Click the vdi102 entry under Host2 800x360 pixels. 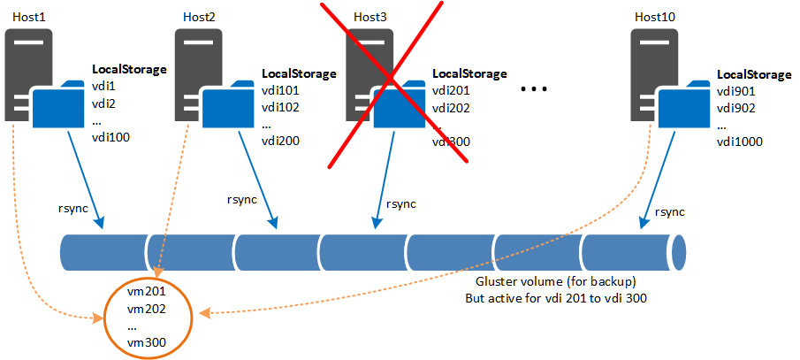point(281,107)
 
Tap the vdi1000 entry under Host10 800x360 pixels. point(739,142)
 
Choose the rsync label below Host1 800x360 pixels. point(72,207)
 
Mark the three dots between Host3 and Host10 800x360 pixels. point(535,89)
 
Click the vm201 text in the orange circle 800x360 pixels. point(147,290)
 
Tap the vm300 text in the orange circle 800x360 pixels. point(147,342)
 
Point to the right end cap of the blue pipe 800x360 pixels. point(679,253)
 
